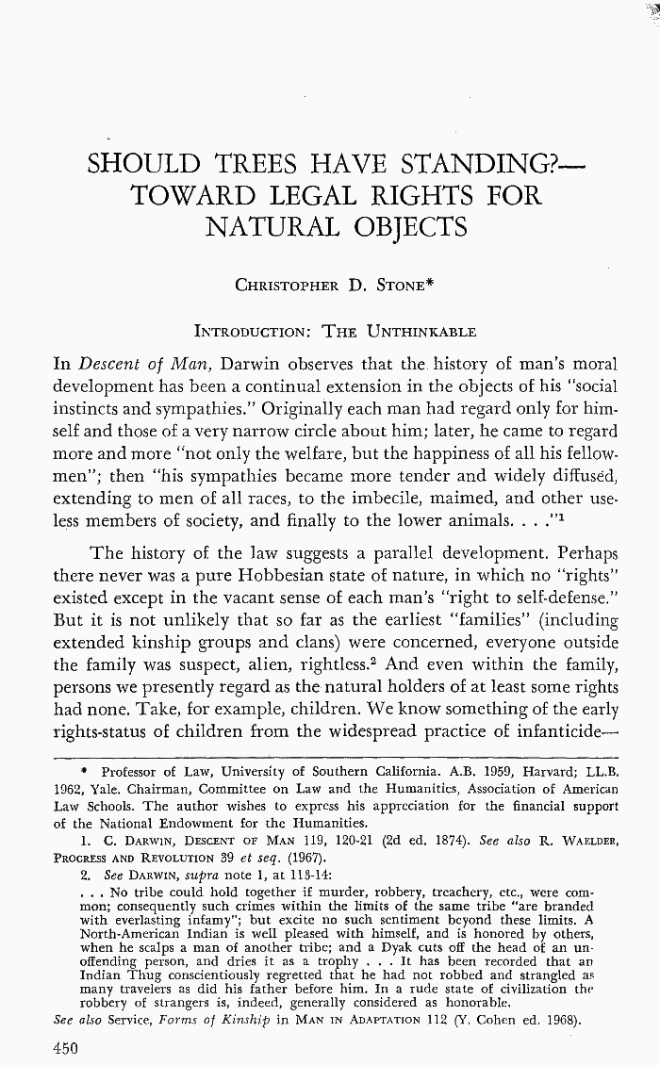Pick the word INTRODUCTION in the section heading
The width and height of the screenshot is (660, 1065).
(252, 331)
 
